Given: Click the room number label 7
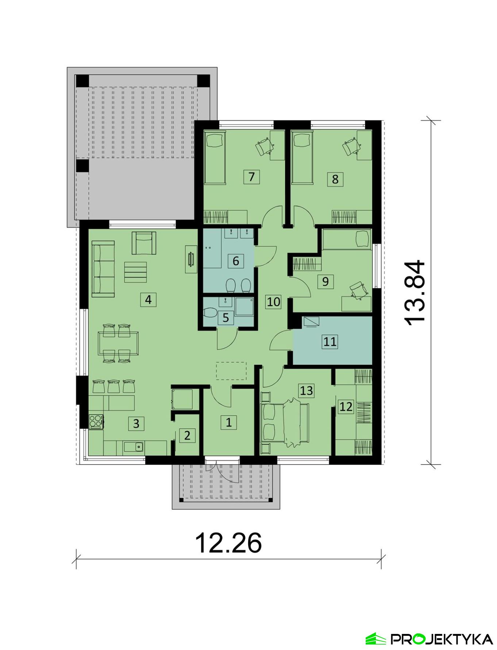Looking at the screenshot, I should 251,177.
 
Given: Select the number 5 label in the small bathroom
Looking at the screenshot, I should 226,317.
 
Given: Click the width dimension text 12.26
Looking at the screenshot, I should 228,543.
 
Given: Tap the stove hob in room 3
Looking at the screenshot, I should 96,421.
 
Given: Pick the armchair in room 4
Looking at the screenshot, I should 144,243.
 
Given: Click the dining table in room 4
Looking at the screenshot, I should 118,343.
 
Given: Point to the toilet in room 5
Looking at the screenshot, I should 210,313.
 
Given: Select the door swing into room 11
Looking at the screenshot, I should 280,341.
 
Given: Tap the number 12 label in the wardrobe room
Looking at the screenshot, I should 346,406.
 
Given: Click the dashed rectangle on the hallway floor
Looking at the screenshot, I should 231,371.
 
